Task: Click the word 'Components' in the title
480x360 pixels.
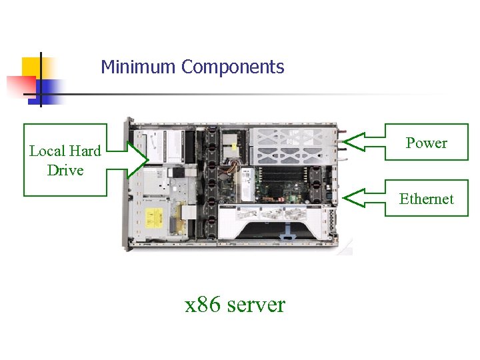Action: pos(233,67)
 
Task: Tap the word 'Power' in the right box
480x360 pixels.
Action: pos(427,143)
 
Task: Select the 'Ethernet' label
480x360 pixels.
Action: pos(427,199)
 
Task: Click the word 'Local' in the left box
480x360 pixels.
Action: pos(47,151)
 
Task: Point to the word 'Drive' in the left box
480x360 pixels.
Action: pos(65,171)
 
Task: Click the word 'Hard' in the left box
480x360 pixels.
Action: pos(84,151)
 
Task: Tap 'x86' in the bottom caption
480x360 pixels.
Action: pos(203,305)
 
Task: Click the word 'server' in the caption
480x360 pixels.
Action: pos(256,305)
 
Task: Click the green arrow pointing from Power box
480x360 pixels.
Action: pos(363,142)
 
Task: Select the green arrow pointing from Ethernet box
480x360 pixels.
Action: pos(363,197)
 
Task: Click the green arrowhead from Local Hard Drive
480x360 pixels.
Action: pos(139,159)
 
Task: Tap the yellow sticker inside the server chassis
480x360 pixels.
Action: pos(154,217)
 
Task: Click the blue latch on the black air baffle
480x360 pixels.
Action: pos(287,235)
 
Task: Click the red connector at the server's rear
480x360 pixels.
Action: pos(343,141)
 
